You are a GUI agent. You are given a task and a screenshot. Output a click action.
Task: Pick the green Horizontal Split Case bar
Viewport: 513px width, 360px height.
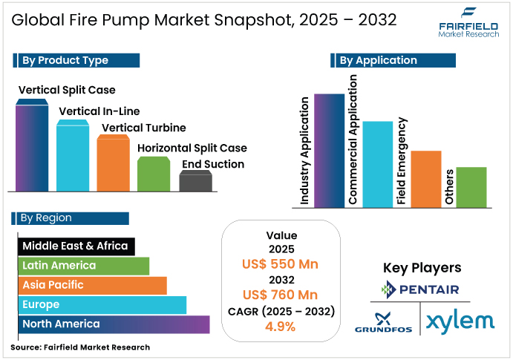tap(154, 174)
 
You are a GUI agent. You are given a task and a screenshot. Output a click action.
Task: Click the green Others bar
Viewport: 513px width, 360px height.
tap(471, 187)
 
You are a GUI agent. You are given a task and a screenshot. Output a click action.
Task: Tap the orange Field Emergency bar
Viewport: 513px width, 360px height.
tap(426, 179)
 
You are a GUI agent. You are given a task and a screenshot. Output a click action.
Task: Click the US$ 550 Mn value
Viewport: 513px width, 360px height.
tap(281, 264)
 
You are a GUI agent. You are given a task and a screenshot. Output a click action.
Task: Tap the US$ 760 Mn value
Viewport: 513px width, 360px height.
tap(281, 295)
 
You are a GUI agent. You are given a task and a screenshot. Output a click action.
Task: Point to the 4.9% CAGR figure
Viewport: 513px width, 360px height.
tap(281, 326)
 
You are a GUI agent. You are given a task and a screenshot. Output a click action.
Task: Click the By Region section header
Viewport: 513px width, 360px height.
tap(71, 218)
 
